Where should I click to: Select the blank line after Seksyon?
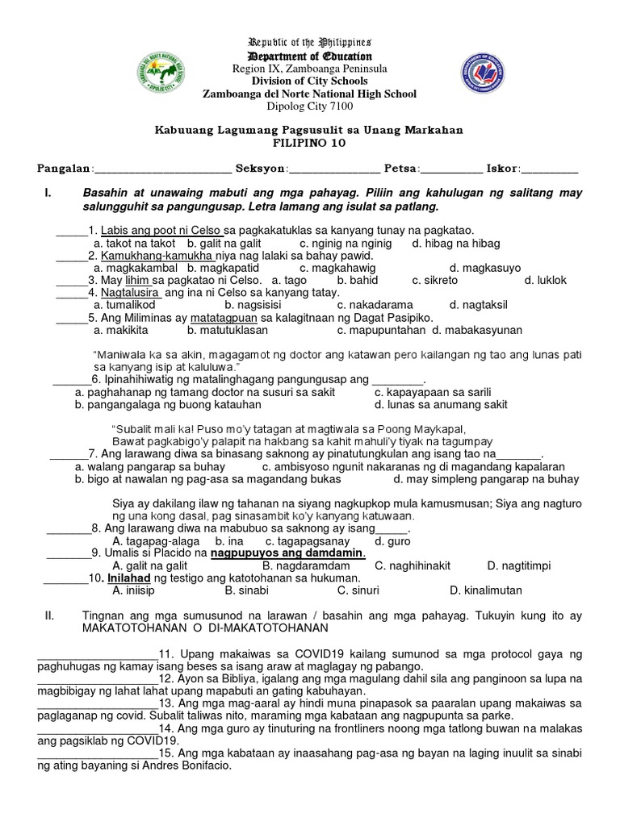click(334, 171)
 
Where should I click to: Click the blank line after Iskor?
click(550, 171)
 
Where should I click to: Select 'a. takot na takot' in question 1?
click(135, 243)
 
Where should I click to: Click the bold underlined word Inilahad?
click(130, 578)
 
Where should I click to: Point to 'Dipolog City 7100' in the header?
click(309, 106)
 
